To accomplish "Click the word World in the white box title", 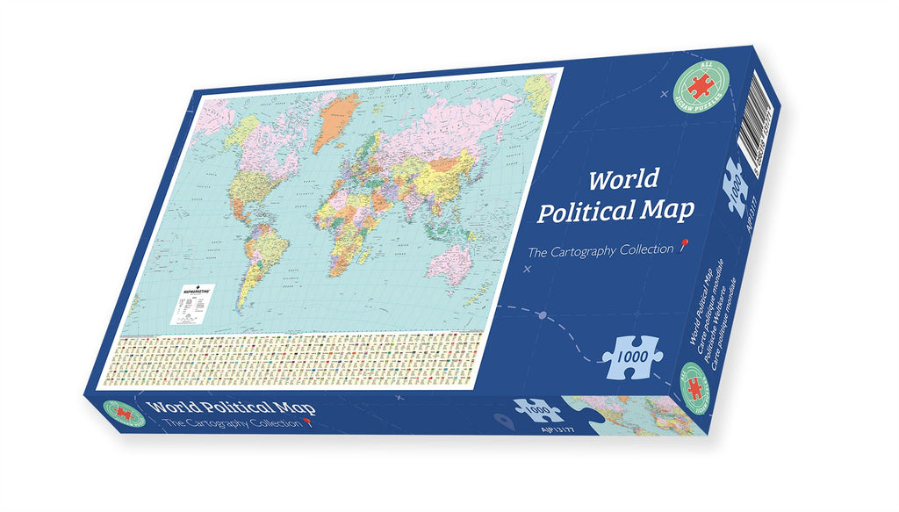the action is click(623, 180).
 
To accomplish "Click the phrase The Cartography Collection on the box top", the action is click(599, 251).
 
